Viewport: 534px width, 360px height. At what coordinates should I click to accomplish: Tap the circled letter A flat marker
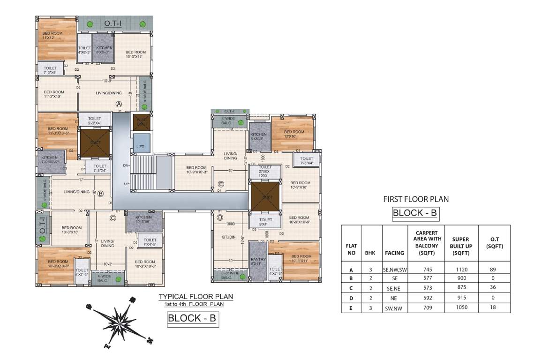click(119, 104)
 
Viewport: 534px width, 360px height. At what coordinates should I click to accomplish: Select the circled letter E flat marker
click(221, 184)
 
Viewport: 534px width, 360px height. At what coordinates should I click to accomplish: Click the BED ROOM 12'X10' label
click(294, 134)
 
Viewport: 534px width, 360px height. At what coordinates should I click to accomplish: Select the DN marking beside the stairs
click(126, 165)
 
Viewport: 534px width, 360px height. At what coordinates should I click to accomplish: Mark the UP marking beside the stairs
click(126, 183)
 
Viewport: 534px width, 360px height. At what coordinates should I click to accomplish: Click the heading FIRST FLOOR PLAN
click(415, 199)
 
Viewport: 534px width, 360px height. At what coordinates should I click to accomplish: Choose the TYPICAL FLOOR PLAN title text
click(195, 297)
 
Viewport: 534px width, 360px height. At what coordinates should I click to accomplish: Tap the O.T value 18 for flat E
click(492, 307)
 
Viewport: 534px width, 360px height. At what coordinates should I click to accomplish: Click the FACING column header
click(394, 253)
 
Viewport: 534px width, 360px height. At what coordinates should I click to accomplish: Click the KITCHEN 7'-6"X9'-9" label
click(50, 159)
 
